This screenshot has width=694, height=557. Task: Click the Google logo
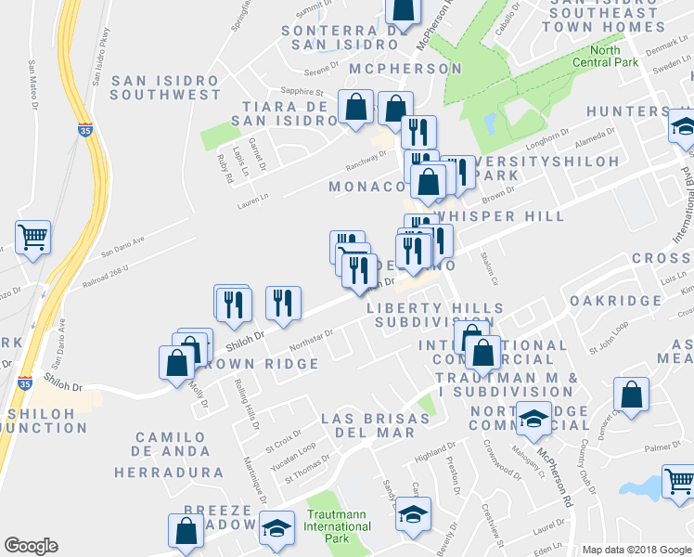31,546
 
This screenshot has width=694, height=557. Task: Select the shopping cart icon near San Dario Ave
32,238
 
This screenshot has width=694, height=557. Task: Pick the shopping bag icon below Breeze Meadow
186,530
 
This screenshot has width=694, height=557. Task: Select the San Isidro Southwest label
165,87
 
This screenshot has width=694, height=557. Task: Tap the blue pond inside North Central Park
490,123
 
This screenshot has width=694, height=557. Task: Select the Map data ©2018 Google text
636,549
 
